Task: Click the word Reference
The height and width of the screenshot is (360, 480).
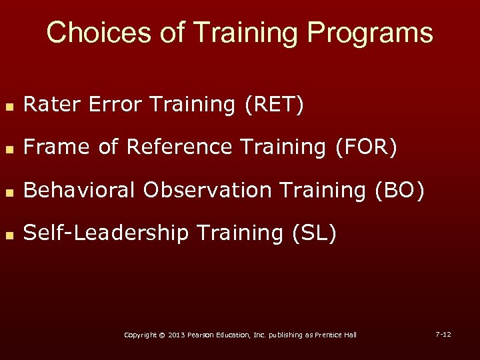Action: point(178,147)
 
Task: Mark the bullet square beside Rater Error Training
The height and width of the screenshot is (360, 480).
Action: point(9,106)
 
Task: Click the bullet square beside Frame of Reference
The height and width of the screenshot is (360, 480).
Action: point(9,149)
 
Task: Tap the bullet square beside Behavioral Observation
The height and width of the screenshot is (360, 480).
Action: point(9,191)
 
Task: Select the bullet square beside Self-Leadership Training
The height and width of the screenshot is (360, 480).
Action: point(9,234)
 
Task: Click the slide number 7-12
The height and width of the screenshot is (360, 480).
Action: point(443,333)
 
